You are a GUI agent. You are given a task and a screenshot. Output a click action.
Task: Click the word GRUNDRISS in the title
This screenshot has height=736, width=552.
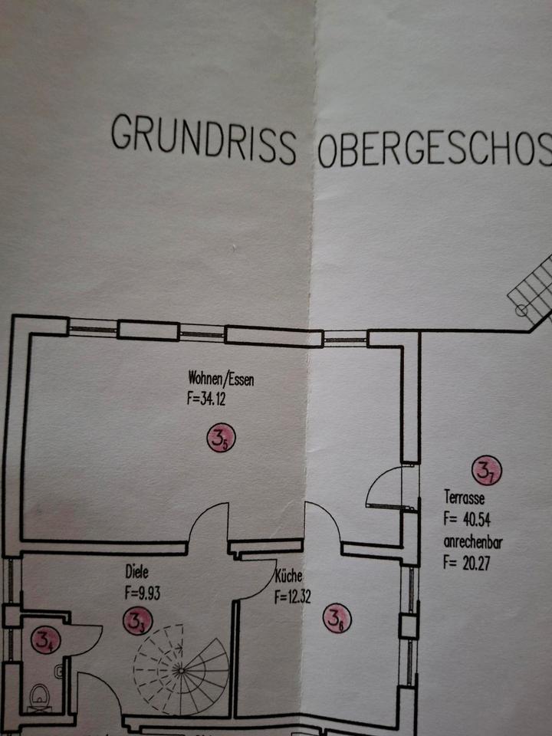click(x=203, y=139)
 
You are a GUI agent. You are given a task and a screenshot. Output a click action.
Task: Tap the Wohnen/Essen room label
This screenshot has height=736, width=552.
click(x=221, y=378)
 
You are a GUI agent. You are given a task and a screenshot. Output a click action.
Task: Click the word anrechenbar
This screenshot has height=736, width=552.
click(x=473, y=543)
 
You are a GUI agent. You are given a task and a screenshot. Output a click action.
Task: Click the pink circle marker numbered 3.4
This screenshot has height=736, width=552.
click(x=43, y=639)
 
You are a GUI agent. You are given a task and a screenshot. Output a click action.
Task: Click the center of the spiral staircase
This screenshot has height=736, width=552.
click(x=181, y=669)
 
